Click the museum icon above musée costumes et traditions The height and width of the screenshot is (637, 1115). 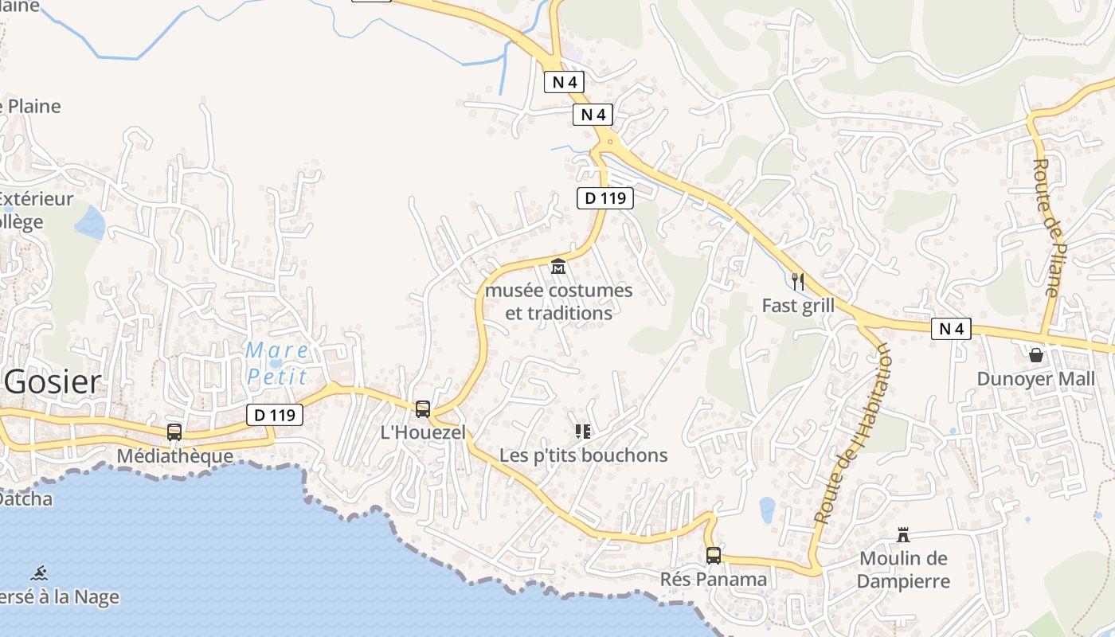(558, 266)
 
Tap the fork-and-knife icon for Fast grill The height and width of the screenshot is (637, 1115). (798, 281)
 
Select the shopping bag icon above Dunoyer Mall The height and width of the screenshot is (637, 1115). (1036, 354)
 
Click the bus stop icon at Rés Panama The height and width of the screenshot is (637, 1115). (714, 555)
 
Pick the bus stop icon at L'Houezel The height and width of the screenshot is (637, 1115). (423, 408)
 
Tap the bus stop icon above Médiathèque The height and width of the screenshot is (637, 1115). (174, 432)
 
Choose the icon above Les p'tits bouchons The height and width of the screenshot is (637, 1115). (583, 432)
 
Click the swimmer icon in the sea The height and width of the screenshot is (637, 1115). (39, 573)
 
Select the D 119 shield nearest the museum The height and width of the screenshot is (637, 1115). (604, 197)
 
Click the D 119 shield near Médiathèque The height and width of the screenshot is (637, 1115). (275, 414)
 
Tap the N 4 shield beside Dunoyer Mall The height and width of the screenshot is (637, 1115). (951, 328)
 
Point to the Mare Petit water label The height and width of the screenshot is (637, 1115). (277, 362)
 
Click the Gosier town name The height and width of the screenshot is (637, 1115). (53, 383)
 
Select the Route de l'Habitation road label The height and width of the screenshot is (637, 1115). (851, 434)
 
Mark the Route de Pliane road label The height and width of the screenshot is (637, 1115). (1048, 227)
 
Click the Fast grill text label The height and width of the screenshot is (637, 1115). (798, 306)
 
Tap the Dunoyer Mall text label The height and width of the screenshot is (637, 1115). (1036, 379)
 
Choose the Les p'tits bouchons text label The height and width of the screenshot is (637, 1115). (583, 455)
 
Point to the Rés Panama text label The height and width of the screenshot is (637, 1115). (714, 579)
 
